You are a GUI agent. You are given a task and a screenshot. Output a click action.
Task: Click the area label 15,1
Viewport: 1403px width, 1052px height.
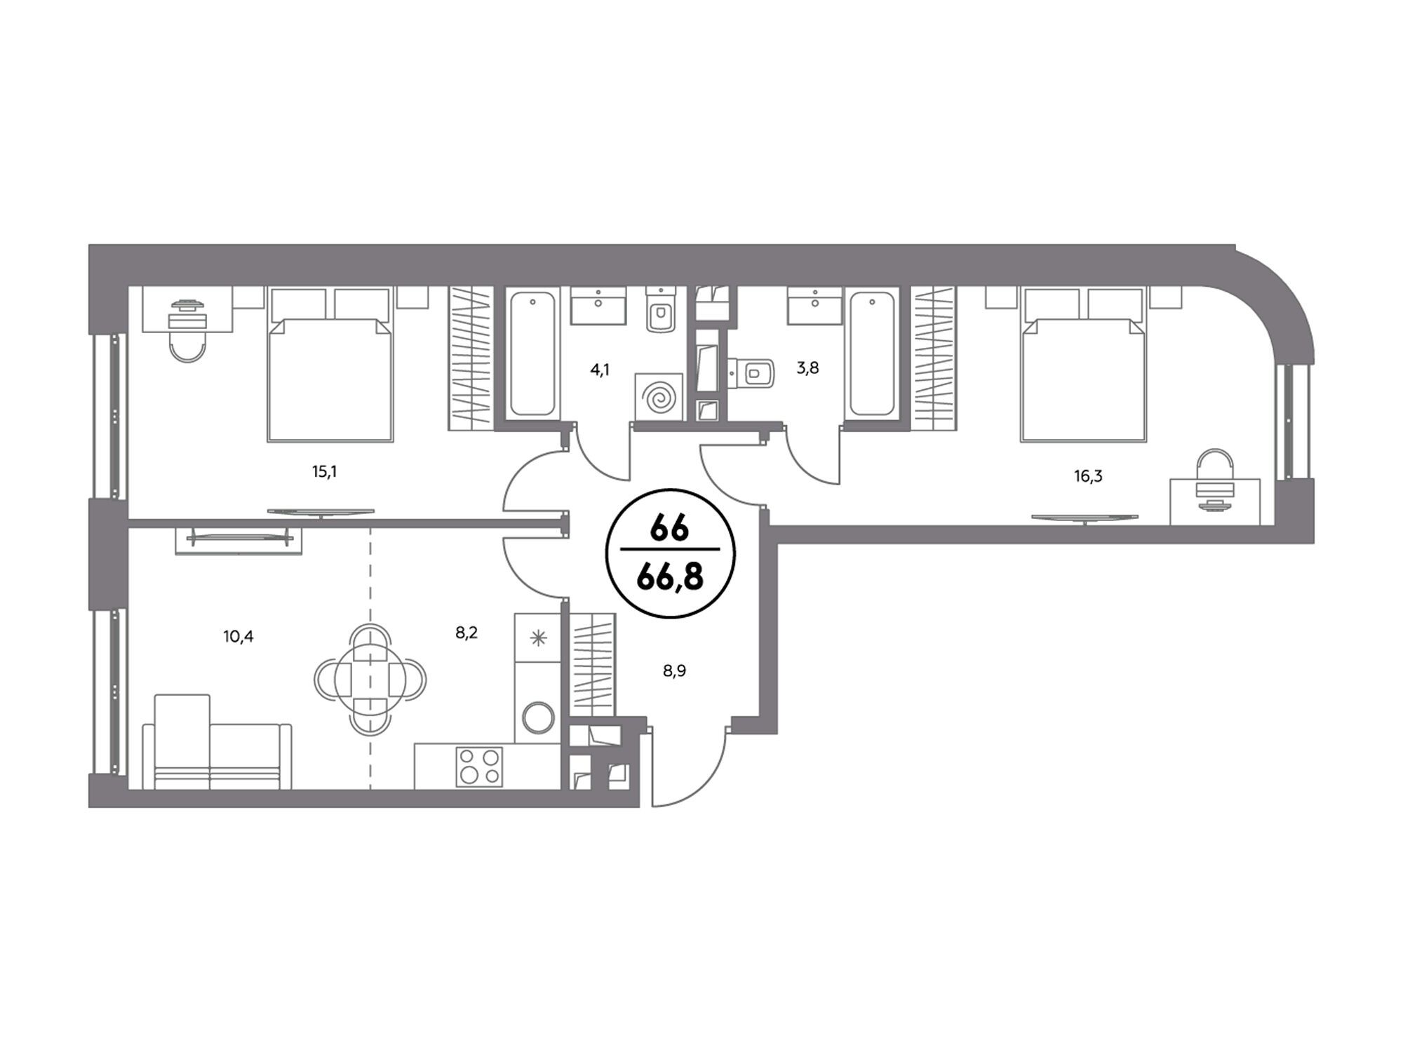[325, 472]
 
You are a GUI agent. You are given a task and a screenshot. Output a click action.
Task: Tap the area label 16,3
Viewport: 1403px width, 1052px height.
[1088, 477]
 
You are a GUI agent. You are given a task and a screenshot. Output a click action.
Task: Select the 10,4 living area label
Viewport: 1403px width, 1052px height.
[239, 637]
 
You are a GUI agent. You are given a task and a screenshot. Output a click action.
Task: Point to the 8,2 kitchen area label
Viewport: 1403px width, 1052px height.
[466, 633]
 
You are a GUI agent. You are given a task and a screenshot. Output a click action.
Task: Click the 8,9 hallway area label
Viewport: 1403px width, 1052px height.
[674, 671]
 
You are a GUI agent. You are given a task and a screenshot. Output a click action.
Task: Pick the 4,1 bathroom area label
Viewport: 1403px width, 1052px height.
[600, 370]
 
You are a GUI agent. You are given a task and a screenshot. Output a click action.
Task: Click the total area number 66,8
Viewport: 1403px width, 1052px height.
[669, 581]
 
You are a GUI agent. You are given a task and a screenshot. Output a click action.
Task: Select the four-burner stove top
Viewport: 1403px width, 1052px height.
[480, 766]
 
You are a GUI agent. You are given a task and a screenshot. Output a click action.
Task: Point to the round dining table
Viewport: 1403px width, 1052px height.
[370, 679]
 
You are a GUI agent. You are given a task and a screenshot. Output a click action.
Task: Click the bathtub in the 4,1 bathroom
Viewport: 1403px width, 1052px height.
[532, 354]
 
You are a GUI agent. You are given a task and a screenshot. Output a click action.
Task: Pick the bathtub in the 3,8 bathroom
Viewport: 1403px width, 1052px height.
[872, 354]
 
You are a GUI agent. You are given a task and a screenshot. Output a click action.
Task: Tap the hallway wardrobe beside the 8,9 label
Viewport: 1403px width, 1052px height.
[593, 664]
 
